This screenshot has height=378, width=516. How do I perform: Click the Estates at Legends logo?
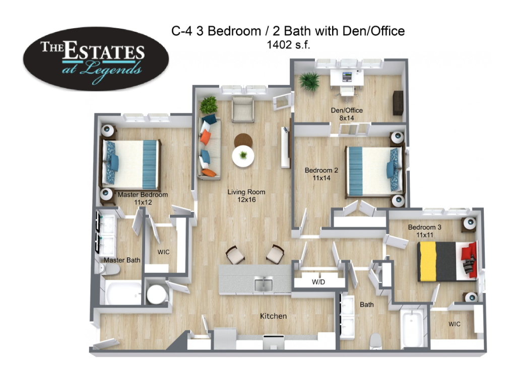click(96, 59)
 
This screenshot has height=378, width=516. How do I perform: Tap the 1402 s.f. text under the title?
click(288, 45)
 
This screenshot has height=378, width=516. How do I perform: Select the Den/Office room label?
click(347, 114)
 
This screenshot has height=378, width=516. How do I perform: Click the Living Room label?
click(246, 196)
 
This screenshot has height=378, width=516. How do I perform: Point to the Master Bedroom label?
click(143, 198)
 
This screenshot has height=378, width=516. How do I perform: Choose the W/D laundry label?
click(318, 282)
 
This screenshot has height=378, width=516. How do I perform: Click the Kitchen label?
click(273, 316)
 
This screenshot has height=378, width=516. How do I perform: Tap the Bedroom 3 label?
click(424, 231)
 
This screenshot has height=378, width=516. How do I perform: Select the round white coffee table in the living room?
click(243, 156)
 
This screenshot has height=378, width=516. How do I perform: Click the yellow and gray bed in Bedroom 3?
click(447, 261)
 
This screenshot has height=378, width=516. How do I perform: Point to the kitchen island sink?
click(263, 284)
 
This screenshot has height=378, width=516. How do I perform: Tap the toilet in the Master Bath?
click(109, 269)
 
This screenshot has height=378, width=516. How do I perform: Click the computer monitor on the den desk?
click(347, 77)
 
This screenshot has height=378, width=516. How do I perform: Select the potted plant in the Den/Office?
click(309, 81)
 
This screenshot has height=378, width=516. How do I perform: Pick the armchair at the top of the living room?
click(243, 109)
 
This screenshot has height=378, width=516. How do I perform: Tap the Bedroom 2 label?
click(321, 174)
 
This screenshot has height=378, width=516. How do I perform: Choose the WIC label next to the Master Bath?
click(164, 252)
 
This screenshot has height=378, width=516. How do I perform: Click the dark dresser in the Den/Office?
click(398, 103)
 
